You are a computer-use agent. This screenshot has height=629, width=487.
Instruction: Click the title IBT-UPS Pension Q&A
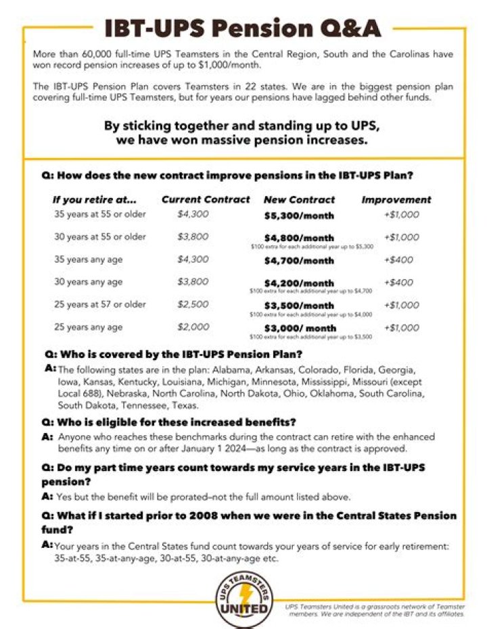[243, 28]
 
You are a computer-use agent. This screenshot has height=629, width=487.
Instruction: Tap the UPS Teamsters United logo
[243, 594]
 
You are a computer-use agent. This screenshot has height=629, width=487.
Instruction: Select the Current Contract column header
[206, 200]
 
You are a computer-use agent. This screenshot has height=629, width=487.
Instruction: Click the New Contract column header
[299, 200]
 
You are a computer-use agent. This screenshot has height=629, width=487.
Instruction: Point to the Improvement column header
[396, 200]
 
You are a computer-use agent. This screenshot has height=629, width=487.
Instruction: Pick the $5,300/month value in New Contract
[298, 216]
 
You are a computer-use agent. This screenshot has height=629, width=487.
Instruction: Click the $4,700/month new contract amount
[298, 260]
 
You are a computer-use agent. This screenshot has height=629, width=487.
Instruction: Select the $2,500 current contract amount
[193, 305]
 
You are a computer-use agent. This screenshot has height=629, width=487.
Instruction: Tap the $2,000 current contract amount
[193, 328]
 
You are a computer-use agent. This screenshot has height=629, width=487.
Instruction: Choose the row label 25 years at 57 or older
[100, 305]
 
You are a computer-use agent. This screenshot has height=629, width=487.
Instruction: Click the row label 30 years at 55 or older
[100, 237]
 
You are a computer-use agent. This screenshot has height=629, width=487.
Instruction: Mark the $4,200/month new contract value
[298, 283]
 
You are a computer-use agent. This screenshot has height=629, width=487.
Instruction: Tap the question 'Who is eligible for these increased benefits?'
[169, 423]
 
